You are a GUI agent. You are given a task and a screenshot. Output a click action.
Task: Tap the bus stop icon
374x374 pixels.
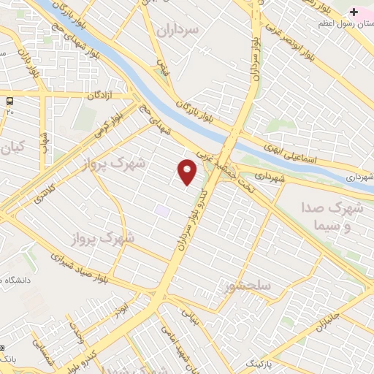[x=10, y=101]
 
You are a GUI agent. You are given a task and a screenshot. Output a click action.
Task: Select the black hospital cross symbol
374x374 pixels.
[x=354, y=12]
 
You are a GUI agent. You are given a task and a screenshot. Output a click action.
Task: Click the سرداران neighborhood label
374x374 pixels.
[x=178, y=29]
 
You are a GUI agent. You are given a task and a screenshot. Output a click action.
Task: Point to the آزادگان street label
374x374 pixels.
[x=102, y=96]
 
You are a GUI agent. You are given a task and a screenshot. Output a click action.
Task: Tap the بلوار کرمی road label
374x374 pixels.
[x=107, y=124]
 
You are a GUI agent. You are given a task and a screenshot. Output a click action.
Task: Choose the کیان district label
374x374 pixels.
[x=13, y=148]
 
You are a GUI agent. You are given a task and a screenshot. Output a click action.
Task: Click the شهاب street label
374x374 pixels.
[x=45, y=142]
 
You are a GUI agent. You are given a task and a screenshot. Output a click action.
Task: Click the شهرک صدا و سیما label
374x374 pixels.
[x=332, y=217]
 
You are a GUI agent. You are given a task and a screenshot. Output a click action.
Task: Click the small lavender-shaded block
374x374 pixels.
[x=161, y=211]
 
